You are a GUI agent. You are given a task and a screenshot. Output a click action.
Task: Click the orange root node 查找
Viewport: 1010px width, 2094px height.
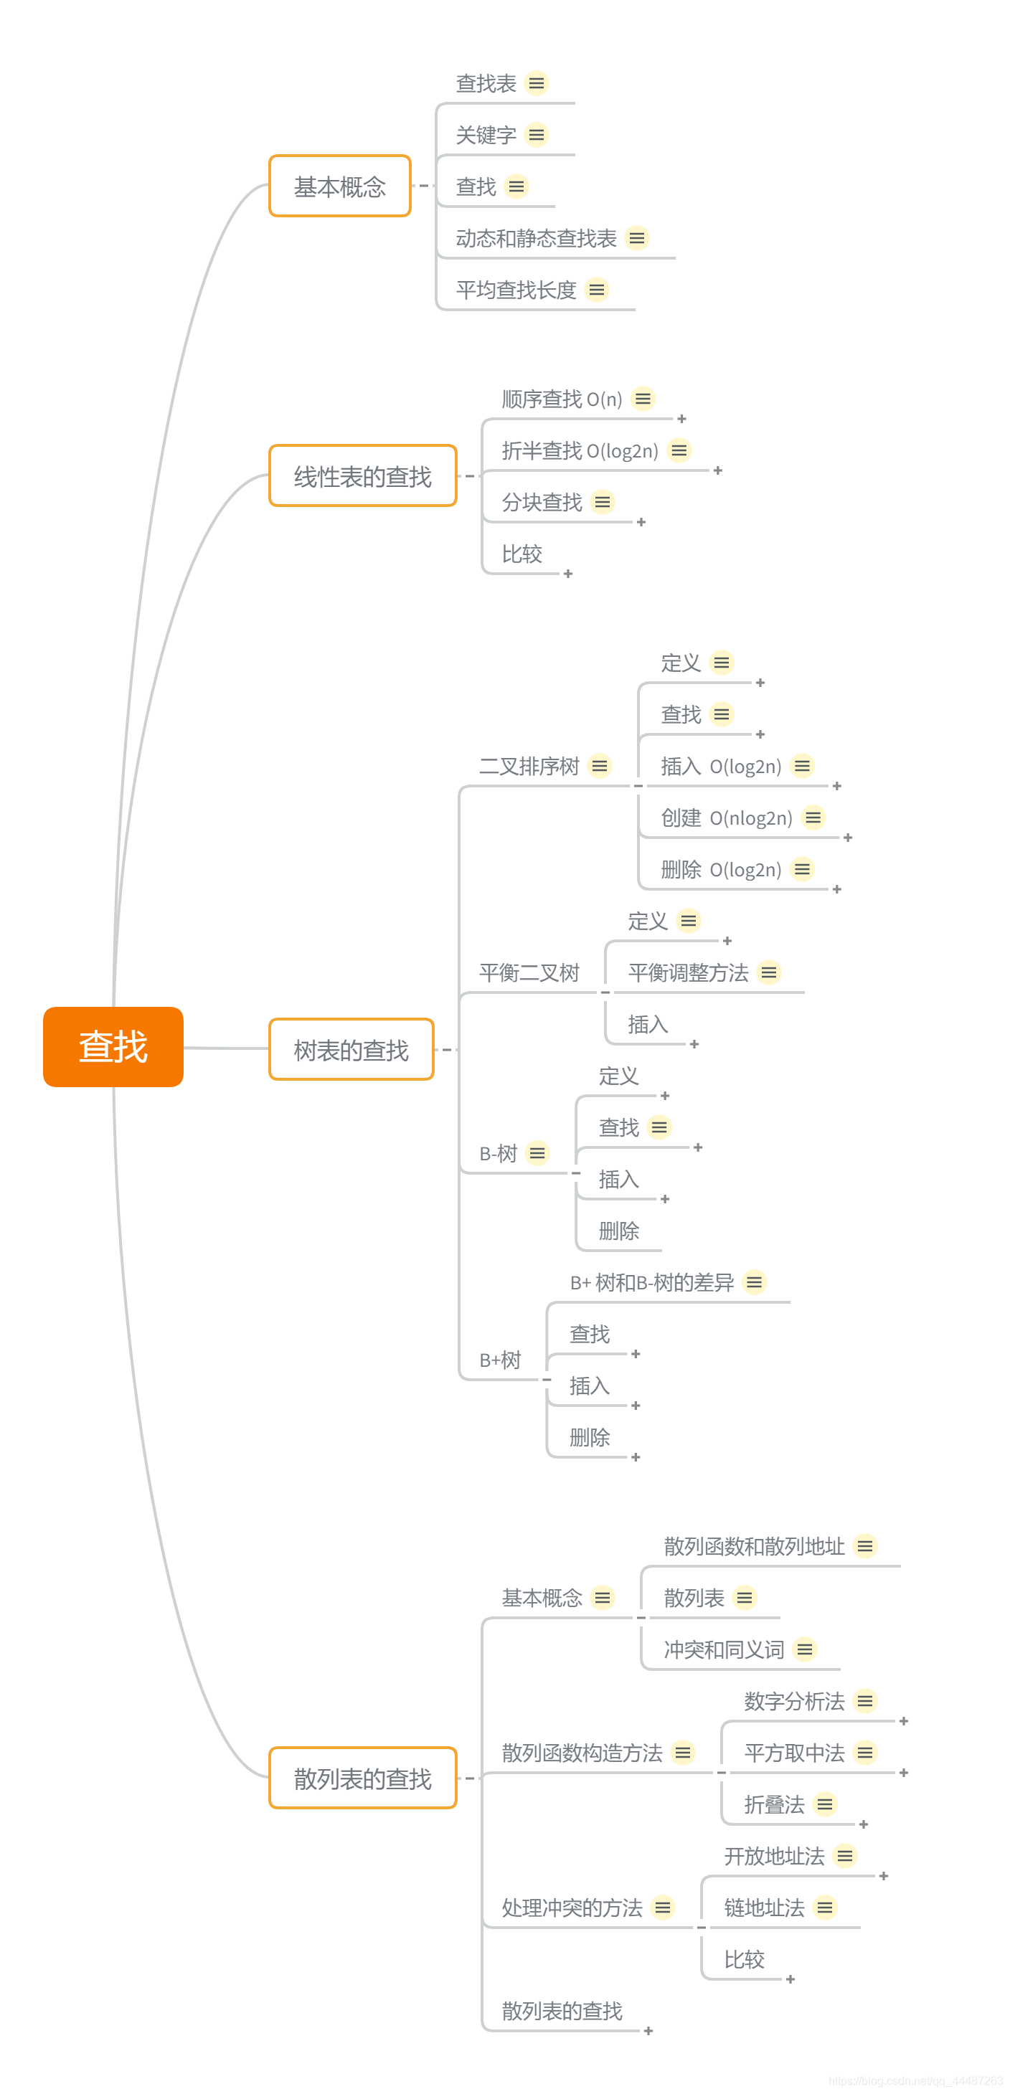113,1046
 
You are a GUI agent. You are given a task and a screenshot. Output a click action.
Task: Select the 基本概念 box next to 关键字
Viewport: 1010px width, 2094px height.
340,186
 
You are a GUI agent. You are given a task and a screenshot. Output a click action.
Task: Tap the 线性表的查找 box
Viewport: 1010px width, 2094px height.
363,475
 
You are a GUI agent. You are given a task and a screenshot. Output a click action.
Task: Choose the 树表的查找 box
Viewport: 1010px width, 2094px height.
351,1049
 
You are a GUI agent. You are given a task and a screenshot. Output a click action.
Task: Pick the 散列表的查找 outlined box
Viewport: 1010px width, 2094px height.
363,1778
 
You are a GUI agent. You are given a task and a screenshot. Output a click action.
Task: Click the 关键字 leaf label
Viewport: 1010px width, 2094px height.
486,135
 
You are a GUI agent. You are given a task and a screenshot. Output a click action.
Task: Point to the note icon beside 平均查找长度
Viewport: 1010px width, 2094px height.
597,290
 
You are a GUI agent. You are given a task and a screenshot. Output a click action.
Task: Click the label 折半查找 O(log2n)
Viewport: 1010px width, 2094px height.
580,450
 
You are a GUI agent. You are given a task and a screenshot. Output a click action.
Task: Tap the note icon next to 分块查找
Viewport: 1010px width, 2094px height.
603,503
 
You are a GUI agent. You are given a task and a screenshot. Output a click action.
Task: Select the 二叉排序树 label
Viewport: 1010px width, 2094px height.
529,766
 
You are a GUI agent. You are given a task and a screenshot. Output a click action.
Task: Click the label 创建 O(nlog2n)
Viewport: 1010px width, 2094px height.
726,818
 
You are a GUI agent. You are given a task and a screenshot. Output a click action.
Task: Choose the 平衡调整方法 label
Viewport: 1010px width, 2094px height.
688,972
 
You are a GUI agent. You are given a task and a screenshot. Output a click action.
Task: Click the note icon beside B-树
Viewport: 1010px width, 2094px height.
537,1152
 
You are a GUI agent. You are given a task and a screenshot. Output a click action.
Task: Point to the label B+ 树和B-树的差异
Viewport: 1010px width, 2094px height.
651,1282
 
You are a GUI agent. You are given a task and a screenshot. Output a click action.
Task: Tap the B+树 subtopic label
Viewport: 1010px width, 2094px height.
500,1360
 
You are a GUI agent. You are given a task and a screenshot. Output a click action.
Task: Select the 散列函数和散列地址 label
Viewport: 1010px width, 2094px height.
754,1546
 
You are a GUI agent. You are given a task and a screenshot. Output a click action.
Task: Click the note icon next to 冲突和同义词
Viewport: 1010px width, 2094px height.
805,1649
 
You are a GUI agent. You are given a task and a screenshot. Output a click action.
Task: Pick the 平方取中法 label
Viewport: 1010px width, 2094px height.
795,1753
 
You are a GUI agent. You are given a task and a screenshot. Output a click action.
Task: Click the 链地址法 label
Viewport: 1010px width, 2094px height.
765,1907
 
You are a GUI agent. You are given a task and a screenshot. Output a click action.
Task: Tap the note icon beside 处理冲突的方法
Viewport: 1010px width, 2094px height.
664,1907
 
